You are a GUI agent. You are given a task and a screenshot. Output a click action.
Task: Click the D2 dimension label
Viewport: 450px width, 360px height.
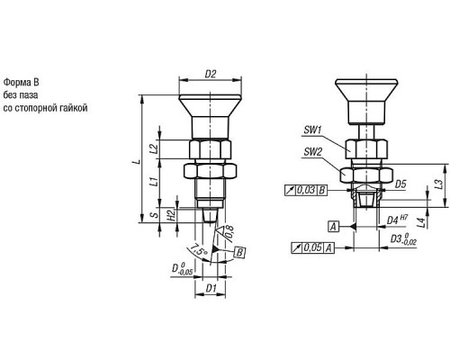pos(211,74)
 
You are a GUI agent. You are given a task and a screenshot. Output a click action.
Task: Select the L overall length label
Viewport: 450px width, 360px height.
pos(137,161)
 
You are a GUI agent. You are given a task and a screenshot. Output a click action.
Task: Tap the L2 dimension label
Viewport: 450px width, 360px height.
pos(154,148)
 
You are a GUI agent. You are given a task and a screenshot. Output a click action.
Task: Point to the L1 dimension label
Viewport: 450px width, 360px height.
pos(154,182)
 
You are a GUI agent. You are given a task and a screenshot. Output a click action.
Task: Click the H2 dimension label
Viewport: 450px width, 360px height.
pos(171,215)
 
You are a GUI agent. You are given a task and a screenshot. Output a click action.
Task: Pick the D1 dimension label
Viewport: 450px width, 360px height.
pos(211,288)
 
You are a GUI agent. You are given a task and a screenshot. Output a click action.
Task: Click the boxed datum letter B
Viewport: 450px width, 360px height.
pos(239,253)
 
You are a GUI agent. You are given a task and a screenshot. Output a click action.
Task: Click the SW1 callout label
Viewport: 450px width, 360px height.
pos(312,130)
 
